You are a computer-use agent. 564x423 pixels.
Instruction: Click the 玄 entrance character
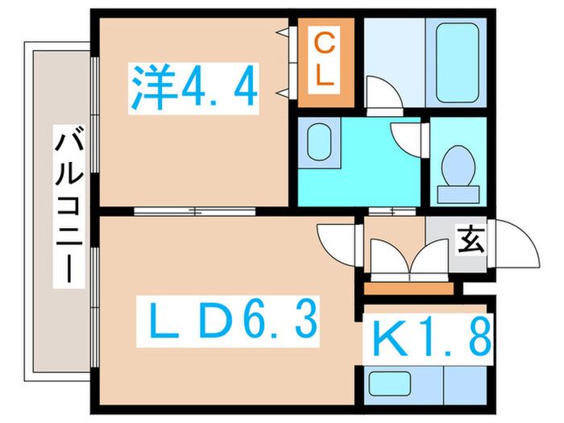click(x=471, y=239)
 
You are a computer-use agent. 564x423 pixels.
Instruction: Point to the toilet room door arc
click(x=407, y=137)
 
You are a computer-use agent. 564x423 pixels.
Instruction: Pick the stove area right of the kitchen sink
click(x=463, y=384)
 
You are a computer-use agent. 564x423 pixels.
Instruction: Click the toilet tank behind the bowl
click(x=458, y=193)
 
